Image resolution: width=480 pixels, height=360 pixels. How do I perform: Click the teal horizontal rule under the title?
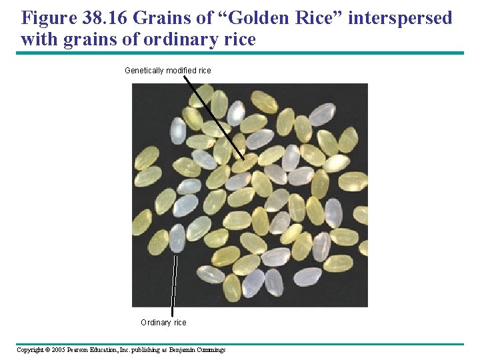click(240, 53)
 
